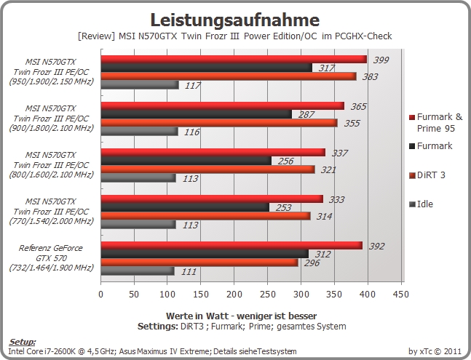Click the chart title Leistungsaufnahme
point(235,20)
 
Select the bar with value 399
point(234,60)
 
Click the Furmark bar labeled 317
point(206,68)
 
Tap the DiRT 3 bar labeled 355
point(219,123)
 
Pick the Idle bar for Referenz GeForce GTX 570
point(138,271)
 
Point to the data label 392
point(376,247)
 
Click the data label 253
point(284,207)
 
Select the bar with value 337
point(213,153)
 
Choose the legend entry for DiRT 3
point(427,175)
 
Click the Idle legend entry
point(421,204)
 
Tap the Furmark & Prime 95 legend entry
point(436,122)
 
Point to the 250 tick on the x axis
point(267,295)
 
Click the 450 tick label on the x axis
point(400,295)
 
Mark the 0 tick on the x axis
point(101,295)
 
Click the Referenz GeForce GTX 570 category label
point(51,257)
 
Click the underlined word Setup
point(22,343)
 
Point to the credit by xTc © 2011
point(435,351)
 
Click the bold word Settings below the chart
point(158,327)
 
